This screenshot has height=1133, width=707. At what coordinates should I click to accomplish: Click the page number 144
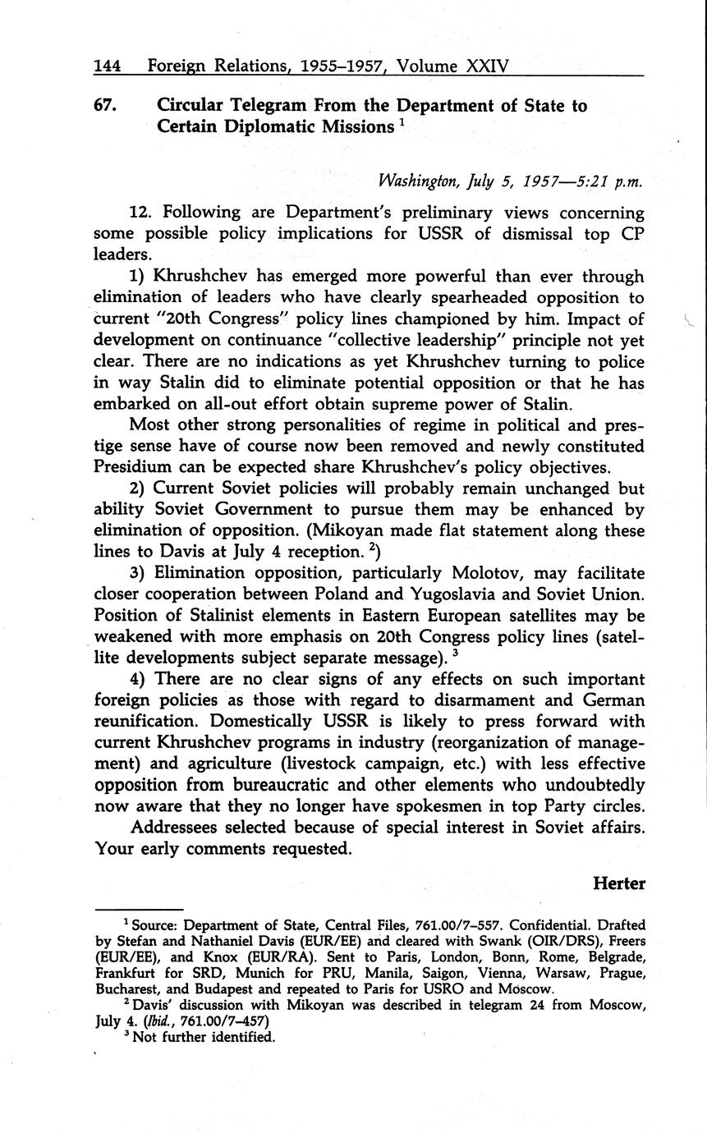(108, 64)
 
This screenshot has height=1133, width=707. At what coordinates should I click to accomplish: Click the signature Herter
(619, 883)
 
